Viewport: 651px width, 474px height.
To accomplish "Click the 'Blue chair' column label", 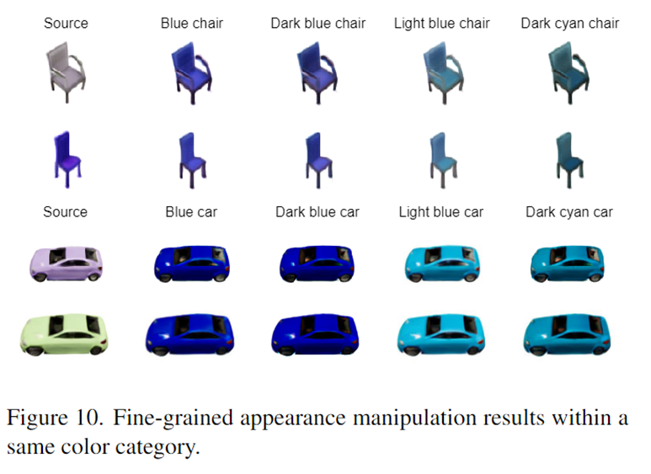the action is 192,24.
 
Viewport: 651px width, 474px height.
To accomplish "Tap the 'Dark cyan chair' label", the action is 569,24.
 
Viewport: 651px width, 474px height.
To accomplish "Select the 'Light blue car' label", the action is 441,212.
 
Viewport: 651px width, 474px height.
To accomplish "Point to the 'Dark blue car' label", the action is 317,212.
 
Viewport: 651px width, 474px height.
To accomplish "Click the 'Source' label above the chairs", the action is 66,24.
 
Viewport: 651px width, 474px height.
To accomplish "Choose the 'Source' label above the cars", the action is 65,212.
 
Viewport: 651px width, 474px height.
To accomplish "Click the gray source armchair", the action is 67,72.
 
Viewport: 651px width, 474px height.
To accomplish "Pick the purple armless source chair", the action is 67,160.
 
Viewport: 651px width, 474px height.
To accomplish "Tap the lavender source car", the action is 66,264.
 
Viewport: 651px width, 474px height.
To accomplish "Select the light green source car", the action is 64,334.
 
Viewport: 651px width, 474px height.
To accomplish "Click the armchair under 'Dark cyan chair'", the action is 568,72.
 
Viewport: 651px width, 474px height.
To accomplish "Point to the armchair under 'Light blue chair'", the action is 444,72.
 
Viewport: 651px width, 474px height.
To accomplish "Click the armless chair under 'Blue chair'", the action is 193,160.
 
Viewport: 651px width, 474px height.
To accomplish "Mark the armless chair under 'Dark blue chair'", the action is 319,160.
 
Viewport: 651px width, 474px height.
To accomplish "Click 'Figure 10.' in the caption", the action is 55,417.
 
